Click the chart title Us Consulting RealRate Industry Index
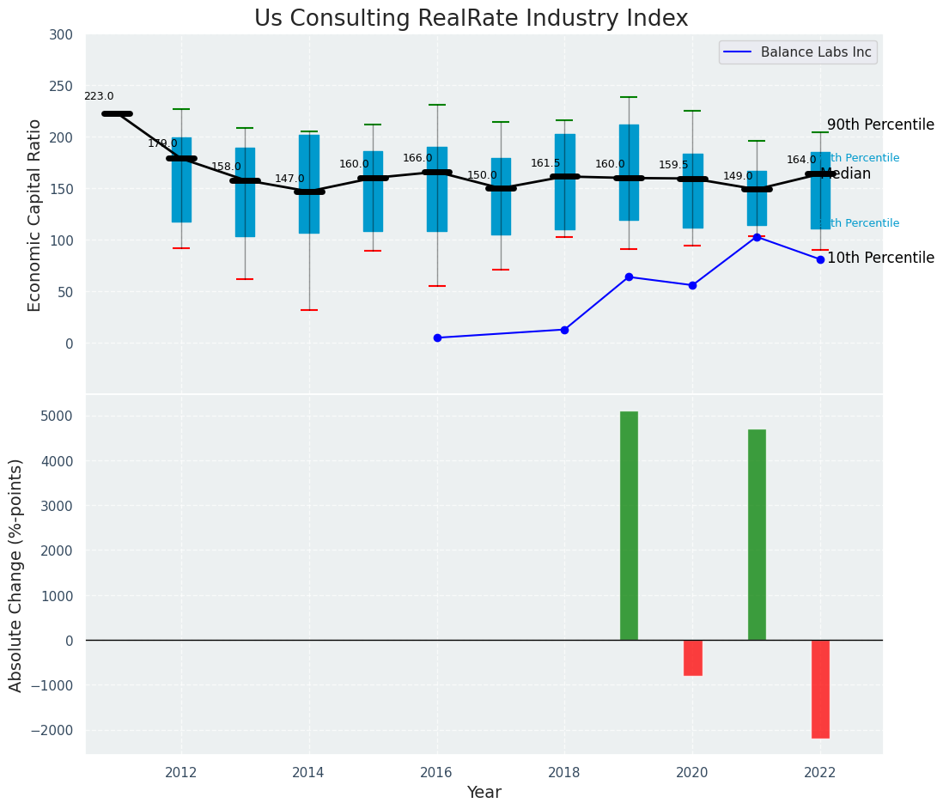coord(471,19)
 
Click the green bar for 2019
coord(629,526)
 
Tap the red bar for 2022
coord(820,689)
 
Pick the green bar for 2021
coord(757,534)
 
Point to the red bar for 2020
coord(693,658)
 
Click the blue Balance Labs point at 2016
coord(437,338)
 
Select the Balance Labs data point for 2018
coord(564,330)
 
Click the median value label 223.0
coord(99,97)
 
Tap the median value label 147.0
coord(289,179)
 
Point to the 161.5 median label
coord(545,163)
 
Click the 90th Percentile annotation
coord(880,125)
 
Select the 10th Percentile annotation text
coord(880,259)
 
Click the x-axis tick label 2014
coord(308,773)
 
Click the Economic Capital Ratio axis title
coord(35,215)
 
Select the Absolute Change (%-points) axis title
coord(16,575)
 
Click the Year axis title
coord(484,793)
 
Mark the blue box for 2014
coord(309,184)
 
